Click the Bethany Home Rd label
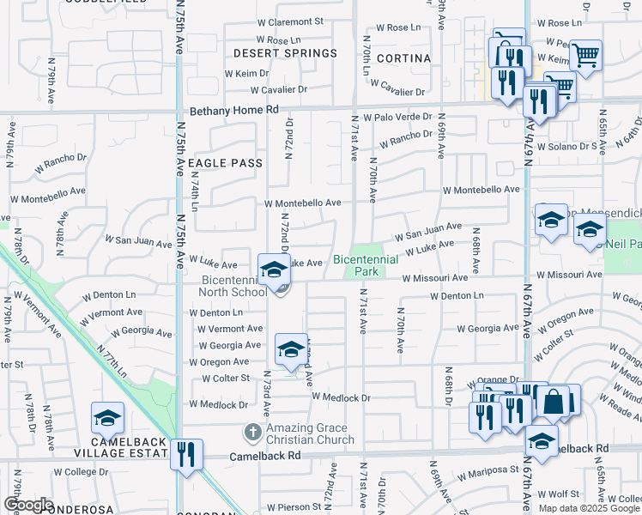coord(234,111)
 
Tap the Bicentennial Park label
coord(366,264)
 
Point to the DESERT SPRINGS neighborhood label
coord(286,53)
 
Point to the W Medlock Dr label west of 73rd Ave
coord(219,404)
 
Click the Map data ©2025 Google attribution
coord(589,508)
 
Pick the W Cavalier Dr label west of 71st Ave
coord(279,90)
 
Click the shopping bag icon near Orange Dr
coord(554,401)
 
